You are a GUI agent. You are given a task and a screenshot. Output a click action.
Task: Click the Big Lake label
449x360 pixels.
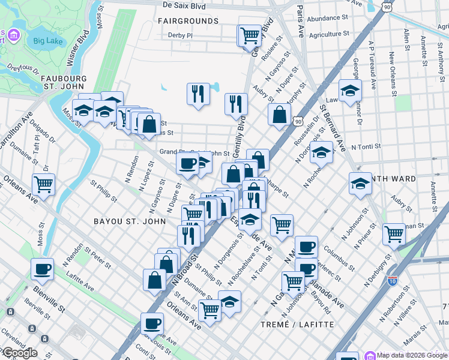click(48, 41)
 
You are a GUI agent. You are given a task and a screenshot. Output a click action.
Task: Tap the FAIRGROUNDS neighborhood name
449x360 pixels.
click(188, 21)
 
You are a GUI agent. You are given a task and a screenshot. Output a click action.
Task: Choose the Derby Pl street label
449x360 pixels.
click(180, 35)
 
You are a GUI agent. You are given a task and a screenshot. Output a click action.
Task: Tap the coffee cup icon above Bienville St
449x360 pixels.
click(42, 269)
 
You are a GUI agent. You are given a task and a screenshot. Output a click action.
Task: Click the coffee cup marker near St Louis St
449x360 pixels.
click(152, 324)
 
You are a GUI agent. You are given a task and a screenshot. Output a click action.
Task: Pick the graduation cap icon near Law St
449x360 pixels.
click(350, 91)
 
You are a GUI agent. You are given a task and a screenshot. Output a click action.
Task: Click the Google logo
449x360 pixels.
click(19, 353)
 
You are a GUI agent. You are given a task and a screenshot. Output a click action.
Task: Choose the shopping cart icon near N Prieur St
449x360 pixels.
click(394, 233)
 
